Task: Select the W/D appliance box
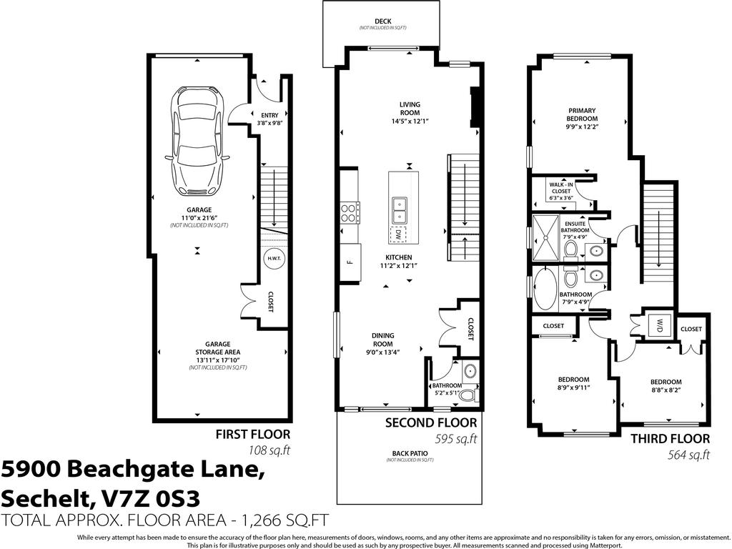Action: pyautogui.click(x=657, y=325)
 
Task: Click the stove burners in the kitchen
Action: pyautogui.click(x=350, y=214)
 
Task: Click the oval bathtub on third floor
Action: pyautogui.click(x=545, y=286)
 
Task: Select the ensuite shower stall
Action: pyautogui.click(x=546, y=232)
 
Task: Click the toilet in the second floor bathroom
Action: pyautogui.click(x=468, y=394)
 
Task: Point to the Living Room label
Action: pyautogui.click(x=410, y=113)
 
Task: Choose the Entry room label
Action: pyautogui.click(x=269, y=115)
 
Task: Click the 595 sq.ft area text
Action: pyautogui.click(x=455, y=438)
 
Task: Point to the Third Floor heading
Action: pyautogui.click(x=670, y=438)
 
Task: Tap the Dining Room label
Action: pyautogui.click(x=382, y=340)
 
